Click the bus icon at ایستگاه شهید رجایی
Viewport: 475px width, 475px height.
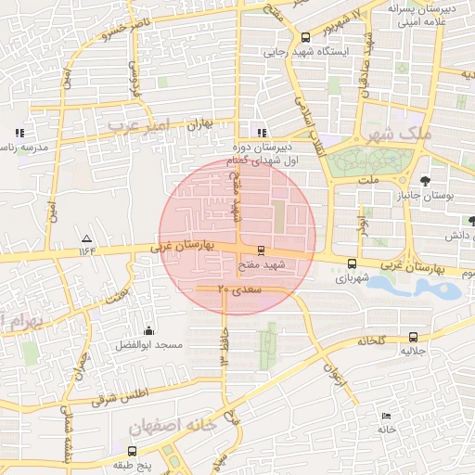(306, 37)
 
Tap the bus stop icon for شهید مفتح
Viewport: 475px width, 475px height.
(260, 250)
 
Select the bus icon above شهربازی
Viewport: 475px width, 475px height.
(351, 263)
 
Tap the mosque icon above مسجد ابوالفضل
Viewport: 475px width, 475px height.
(148, 330)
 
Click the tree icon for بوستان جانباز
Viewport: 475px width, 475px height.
(424, 180)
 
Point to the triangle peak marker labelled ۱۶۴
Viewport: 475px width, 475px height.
(86, 237)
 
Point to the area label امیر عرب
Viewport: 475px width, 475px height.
(136, 123)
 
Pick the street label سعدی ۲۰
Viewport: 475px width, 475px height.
(240, 290)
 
